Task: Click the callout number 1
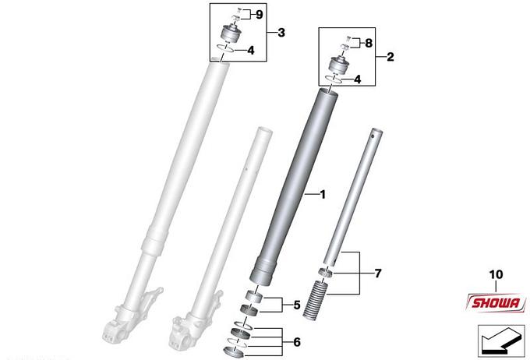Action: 323,195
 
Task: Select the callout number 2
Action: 390,57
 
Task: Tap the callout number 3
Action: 281,33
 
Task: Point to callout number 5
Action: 297,305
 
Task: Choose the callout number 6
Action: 297,342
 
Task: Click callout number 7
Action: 378,274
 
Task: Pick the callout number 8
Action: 369,43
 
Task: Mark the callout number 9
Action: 259,15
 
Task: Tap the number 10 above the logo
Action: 496,274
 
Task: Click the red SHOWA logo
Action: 496,302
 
